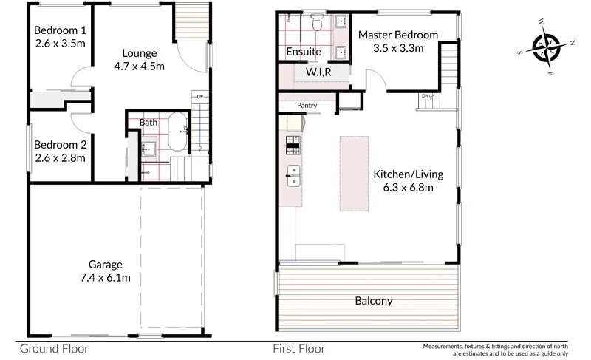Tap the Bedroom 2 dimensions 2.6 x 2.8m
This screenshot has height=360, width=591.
[x=60, y=157]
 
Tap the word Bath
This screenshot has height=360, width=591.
[x=149, y=122]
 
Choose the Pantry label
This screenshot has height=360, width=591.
[x=307, y=106]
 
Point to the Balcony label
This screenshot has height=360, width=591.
[x=373, y=302]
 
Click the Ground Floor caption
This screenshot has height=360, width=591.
[x=54, y=348]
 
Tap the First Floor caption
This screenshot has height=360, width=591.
[x=300, y=348]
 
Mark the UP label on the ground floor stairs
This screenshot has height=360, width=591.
[x=200, y=97]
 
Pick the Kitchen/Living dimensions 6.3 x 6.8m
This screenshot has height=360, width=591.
[x=408, y=188]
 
